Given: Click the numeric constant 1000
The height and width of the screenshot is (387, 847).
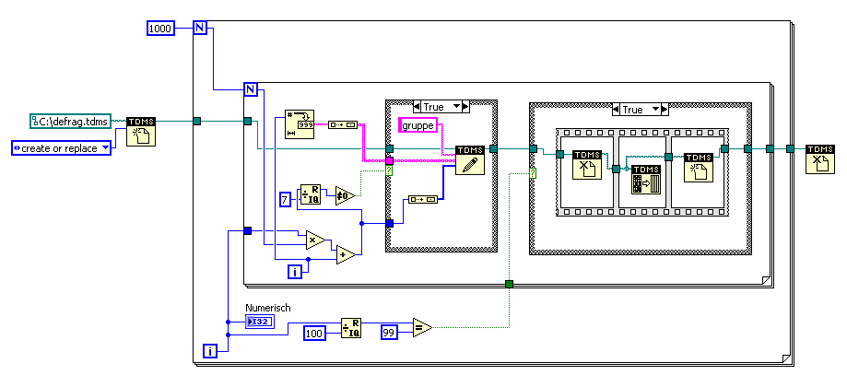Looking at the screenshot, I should [160, 29].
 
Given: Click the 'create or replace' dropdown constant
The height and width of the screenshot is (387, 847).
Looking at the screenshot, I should [61, 147].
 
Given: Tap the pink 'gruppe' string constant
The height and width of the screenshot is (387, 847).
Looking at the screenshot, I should [418, 124].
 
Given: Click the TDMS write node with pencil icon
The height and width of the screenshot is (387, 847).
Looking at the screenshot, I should [470, 159].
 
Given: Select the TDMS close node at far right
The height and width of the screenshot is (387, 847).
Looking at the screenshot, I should [820, 159].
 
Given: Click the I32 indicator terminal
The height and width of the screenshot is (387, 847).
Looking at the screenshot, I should [259, 321].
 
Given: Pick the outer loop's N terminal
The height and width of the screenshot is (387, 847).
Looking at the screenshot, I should [199, 29].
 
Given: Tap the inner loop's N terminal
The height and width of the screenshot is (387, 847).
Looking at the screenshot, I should [250, 89].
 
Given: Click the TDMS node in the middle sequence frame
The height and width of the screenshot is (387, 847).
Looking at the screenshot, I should [645, 179].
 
